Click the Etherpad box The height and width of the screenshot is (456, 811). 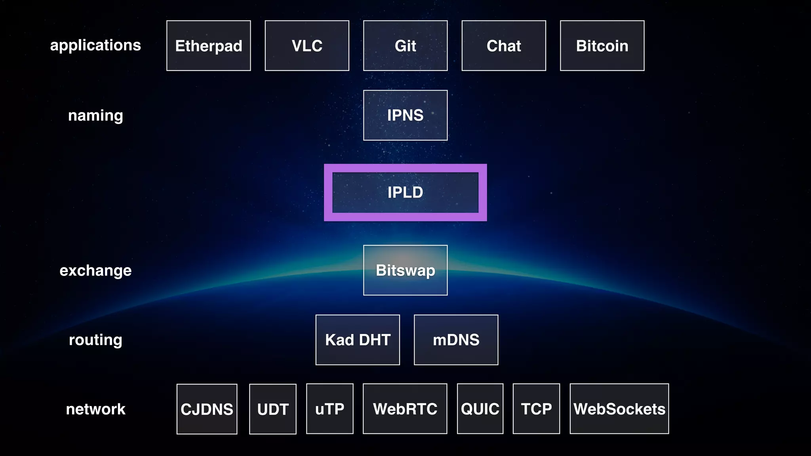[x=209, y=46]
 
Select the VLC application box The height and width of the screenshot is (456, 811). [x=307, y=46]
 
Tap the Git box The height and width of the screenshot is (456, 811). [x=405, y=46]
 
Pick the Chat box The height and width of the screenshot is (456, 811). [x=504, y=46]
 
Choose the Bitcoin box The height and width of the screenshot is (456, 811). [x=602, y=46]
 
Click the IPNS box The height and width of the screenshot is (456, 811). [x=405, y=115]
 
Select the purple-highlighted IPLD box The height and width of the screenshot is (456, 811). [x=405, y=192]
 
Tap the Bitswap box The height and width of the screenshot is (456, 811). [x=405, y=270]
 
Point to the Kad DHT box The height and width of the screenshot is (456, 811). [x=358, y=340]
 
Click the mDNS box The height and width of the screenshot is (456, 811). [x=456, y=340]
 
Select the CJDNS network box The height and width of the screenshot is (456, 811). [x=207, y=409]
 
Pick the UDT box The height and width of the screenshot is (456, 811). [x=273, y=409]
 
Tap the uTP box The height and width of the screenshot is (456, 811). [x=330, y=409]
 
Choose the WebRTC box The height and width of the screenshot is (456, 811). [x=405, y=409]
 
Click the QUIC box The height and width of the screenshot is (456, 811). [x=480, y=409]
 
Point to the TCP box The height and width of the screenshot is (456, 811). [x=537, y=409]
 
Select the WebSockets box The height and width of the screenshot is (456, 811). [x=619, y=409]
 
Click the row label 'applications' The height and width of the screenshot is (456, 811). [x=95, y=45]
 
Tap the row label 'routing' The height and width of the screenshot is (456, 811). [x=95, y=340]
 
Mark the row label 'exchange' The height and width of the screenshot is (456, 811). [x=95, y=270]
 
